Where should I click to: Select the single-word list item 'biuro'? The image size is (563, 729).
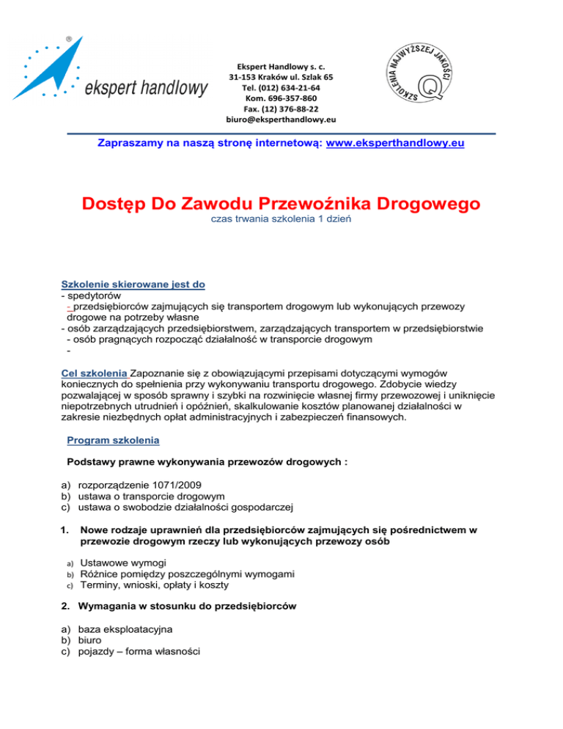91,640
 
